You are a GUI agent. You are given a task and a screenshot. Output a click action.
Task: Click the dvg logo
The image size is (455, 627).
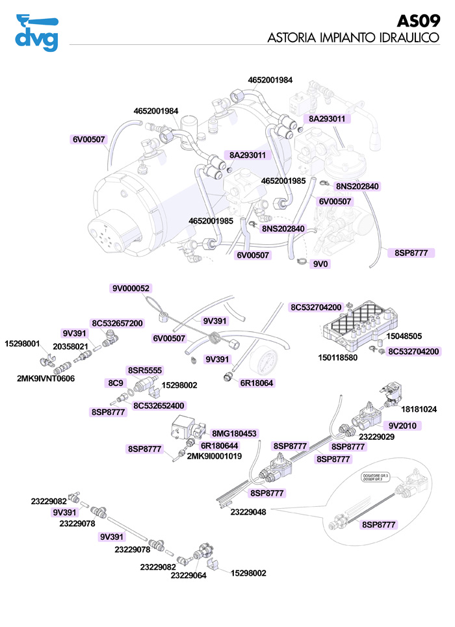tap(36, 32)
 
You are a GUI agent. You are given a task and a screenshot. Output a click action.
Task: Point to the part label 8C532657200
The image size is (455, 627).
tap(117, 323)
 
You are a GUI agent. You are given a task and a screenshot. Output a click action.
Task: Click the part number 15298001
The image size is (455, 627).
tap(23, 344)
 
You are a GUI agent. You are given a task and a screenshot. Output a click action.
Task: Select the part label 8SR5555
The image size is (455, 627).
tap(145, 370)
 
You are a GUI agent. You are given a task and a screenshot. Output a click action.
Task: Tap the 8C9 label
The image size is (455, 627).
tap(116, 383)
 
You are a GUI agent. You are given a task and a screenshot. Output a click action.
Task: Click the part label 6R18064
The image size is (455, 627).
tap(257, 383)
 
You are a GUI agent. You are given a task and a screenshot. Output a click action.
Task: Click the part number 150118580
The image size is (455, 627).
tap(337, 357)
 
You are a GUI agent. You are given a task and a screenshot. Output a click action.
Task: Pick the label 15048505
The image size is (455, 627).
tap(404, 337)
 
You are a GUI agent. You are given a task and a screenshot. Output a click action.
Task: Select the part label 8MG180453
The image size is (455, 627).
tap(235, 433)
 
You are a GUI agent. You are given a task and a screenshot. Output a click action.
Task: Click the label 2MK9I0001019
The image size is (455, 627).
tap(214, 456)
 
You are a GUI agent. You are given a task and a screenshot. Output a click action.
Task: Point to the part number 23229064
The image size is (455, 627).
tap(188, 575)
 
